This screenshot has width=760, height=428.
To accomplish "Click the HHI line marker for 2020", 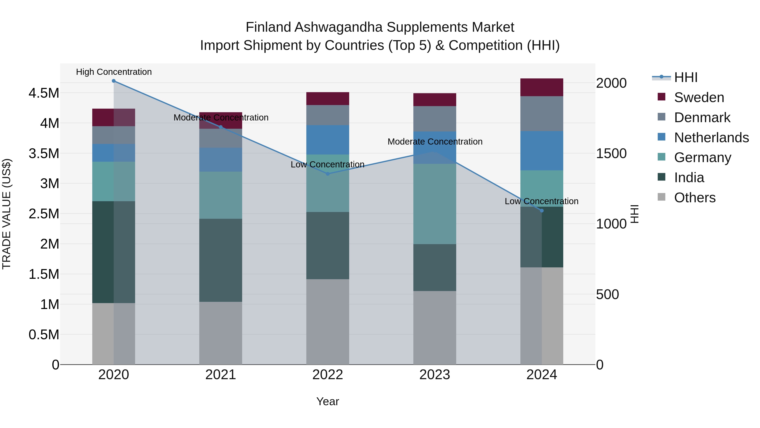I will coord(114,81).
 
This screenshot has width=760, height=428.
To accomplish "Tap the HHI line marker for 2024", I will coord(542,211).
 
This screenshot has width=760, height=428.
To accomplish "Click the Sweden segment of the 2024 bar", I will coord(542,88).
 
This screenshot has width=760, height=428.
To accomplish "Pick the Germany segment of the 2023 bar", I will coord(435,204).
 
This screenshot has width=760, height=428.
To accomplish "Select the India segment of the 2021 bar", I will coord(221,260).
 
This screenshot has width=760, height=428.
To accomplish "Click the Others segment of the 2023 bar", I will coord(435,328).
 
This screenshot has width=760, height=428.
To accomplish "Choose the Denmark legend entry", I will coord(702,118).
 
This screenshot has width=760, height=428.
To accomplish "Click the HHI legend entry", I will coord(686,77).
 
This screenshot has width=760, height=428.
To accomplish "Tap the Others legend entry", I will coord(695,198).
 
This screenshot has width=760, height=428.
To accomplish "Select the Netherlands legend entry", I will coord(711,138).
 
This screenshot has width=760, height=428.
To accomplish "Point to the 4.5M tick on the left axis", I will coord(44,93).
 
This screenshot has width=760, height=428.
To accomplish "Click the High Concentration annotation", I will coord(114,72).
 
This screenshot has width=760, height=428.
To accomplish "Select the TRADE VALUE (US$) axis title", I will coord(7,214).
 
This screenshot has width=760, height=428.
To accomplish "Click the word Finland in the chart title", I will coord(269,27).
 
